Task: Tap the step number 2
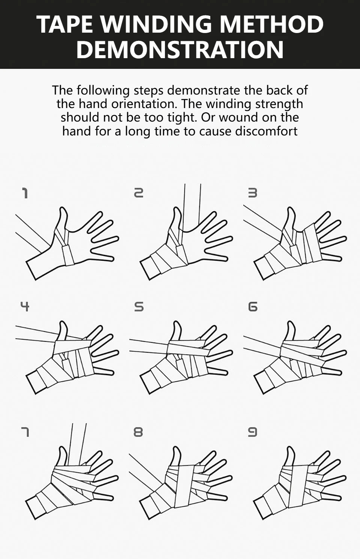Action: [x=139, y=194]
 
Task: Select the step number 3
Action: [x=252, y=194]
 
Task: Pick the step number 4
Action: [x=25, y=307]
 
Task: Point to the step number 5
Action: [x=139, y=307]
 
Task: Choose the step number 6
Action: [x=252, y=307]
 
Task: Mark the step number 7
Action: [x=25, y=432]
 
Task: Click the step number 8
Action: [x=138, y=432]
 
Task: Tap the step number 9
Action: [x=252, y=432]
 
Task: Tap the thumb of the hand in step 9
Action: [x=291, y=457]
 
